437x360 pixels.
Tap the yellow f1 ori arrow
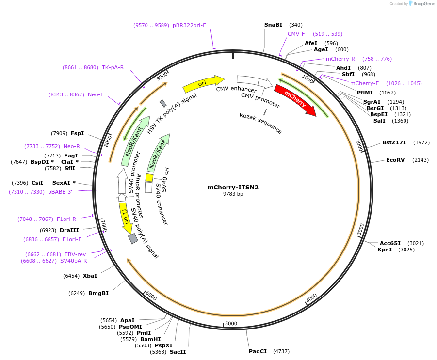pos(125,218)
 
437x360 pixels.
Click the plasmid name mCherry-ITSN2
pos(233,187)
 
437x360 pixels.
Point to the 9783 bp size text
pos(233,194)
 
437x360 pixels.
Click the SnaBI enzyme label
pos(273,25)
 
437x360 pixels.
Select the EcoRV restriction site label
pos(395,160)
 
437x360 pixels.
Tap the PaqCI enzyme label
pos(258,351)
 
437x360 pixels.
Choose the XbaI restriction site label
pos(90,276)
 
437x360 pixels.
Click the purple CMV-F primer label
pos(296,34)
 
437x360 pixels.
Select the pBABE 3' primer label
pos(60,192)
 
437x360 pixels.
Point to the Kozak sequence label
pos(260,123)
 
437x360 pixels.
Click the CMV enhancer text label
pos(236,89)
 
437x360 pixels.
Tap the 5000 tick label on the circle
pos(231,323)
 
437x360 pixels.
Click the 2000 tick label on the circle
pos(359,145)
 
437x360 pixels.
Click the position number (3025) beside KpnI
pos(406,250)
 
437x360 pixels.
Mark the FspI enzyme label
pos(77,133)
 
